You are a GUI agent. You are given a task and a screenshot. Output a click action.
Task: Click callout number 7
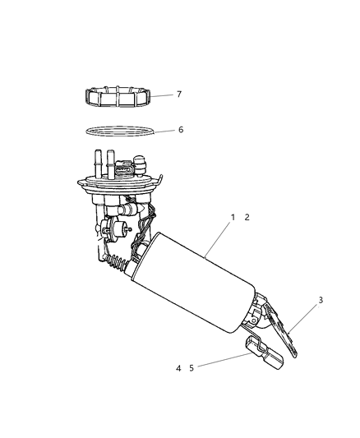click(x=179, y=95)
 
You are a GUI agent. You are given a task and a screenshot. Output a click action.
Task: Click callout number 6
click(x=180, y=130)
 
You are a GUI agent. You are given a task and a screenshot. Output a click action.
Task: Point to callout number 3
click(x=321, y=300)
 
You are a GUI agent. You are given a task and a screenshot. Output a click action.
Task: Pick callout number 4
click(x=178, y=368)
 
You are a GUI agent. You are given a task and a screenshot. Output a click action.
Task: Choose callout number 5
click(x=191, y=368)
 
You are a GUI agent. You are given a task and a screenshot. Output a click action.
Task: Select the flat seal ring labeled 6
click(x=119, y=131)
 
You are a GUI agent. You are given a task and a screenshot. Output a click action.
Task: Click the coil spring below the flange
click(x=120, y=262)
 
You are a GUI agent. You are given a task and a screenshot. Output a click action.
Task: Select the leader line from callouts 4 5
click(x=222, y=362)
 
